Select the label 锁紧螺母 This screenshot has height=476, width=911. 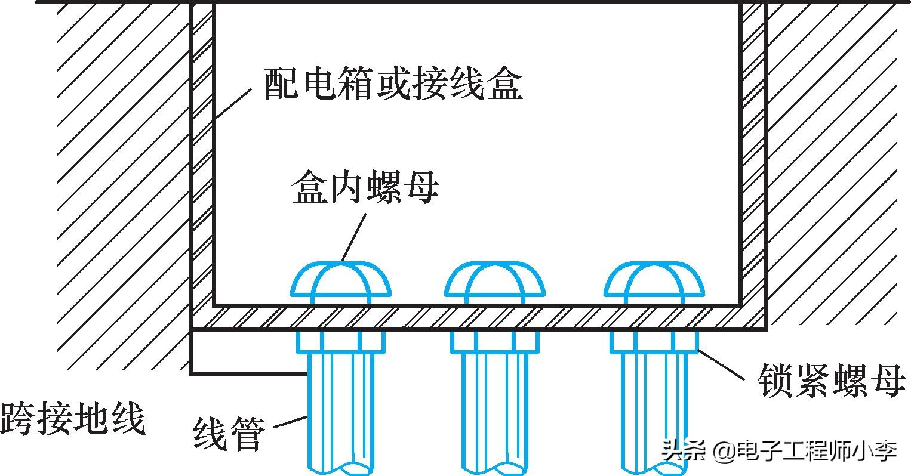[832, 380]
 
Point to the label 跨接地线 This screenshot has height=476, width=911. [73, 419]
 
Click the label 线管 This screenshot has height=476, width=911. [229, 434]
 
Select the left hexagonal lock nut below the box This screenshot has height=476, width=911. [341, 342]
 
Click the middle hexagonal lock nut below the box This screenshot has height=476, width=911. [494, 342]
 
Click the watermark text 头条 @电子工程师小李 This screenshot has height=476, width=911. [779, 451]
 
